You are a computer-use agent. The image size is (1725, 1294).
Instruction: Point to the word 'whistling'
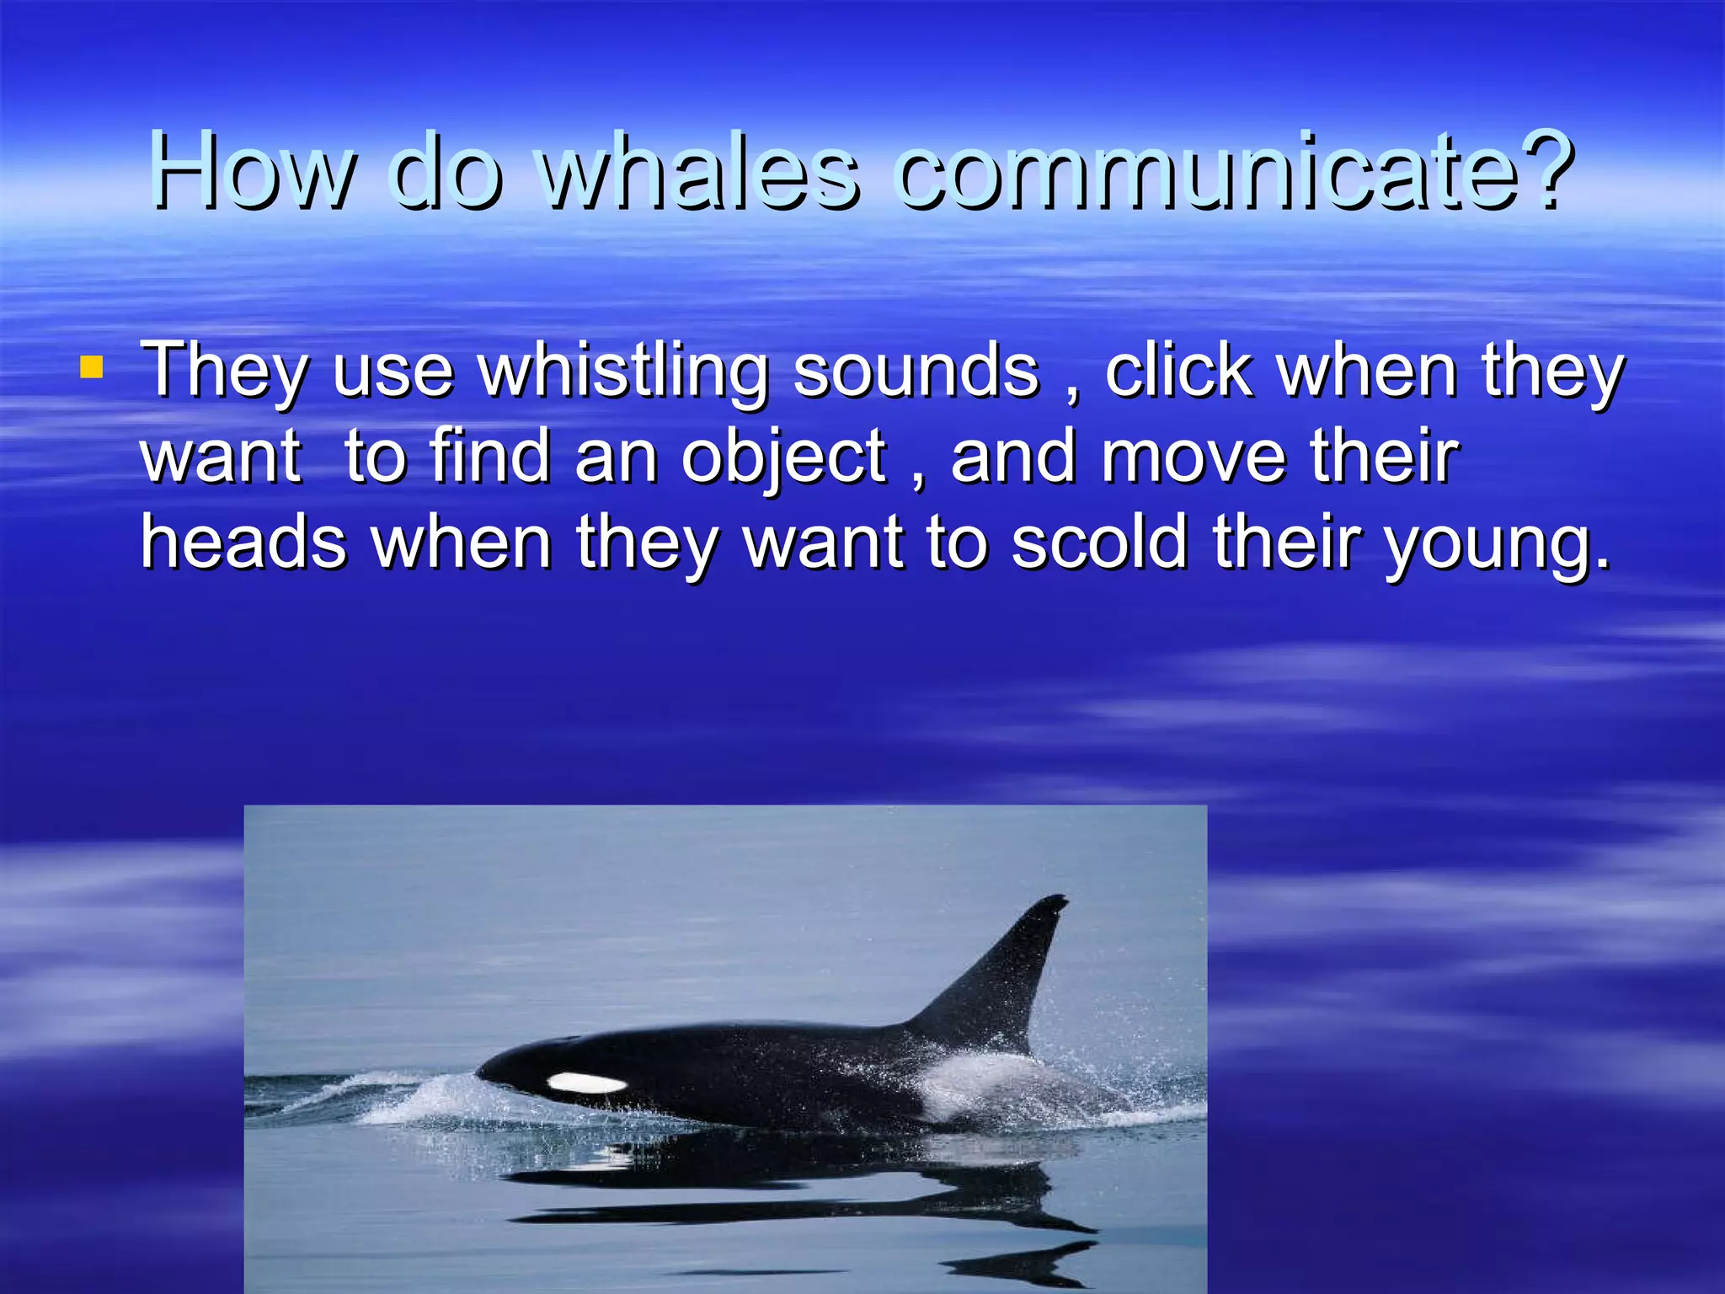623,372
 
